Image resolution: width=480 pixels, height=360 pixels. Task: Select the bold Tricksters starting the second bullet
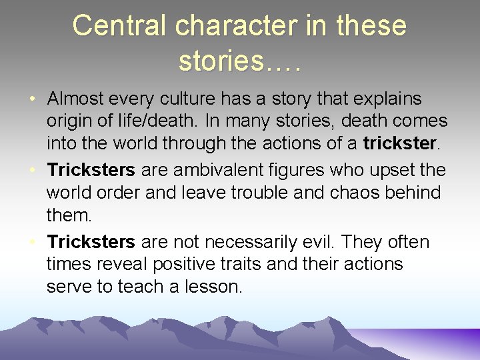(x=91, y=170)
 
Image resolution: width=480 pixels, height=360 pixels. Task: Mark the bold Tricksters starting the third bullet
(x=91, y=241)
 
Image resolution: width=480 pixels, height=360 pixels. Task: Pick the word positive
(x=180, y=264)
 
